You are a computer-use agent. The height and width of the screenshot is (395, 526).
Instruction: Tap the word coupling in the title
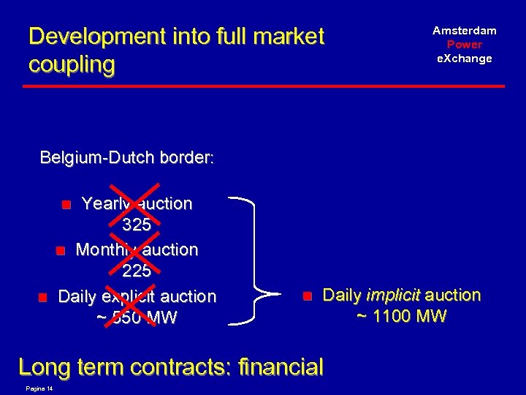[x=72, y=64]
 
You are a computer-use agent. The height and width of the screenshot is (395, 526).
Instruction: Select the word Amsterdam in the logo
[x=465, y=31]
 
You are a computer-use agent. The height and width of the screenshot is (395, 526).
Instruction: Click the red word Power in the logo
[x=465, y=45]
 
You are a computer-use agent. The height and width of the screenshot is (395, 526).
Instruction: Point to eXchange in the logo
[x=465, y=59]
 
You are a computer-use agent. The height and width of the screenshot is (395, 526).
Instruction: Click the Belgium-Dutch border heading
[x=126, y=157]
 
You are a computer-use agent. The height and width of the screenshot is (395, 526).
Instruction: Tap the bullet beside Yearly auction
[x=66, y=205]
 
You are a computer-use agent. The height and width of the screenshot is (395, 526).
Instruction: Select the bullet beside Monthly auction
[x=61, y=251]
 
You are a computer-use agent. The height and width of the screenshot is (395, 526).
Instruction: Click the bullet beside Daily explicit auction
[x=43, y=297]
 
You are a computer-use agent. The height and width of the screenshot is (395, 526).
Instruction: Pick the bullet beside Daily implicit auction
[x=308, y=296]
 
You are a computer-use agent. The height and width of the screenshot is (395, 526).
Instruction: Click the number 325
[x=137, y=225]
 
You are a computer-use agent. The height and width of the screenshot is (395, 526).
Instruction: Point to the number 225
[x=137, y=271]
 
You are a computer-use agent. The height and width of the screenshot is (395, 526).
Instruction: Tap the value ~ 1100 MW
[x=401, y=317]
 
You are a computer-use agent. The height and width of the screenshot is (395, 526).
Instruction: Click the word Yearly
[x=107, y=204]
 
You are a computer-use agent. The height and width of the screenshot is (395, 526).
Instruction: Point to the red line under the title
[x=263, y=86]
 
